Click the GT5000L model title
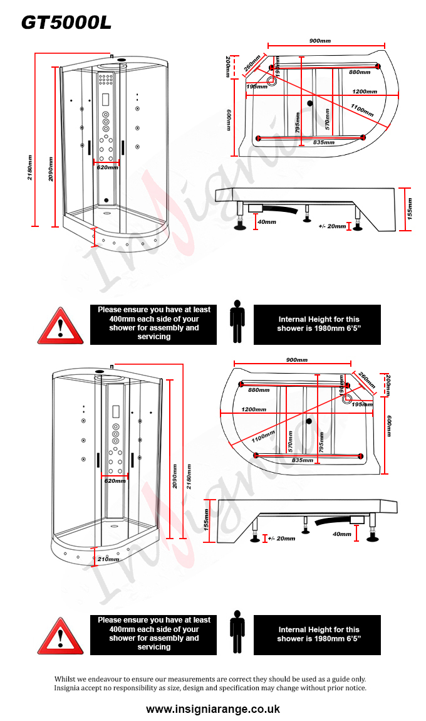[66, 23]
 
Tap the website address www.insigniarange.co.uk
[213, 709]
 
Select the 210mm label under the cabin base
[108, 559]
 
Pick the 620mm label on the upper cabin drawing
[106, 167]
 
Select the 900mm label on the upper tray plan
[320, 41]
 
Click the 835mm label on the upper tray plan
[323, 142]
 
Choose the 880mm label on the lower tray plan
[259, 390]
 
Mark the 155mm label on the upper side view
[410, 205]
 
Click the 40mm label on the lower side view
[342, 534]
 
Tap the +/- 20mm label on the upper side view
[332, 226]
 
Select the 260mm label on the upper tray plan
[252, 63]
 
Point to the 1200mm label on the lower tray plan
[254, 409]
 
